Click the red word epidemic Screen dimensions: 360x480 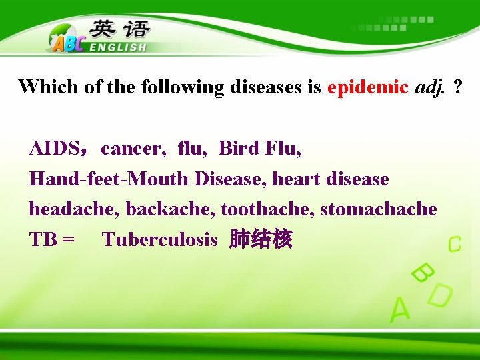(367, 87)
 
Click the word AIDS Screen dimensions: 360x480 (54, 148)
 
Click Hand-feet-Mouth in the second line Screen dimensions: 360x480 (109, 179)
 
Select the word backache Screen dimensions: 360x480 (170, 209)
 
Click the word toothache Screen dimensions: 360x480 (267, 209)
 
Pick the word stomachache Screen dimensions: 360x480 (378, 209)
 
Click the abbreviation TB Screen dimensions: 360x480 (44, 240)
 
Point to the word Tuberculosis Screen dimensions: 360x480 (159, 240)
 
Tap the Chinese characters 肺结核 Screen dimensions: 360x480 (260, 239)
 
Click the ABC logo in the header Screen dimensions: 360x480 (66, 41)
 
